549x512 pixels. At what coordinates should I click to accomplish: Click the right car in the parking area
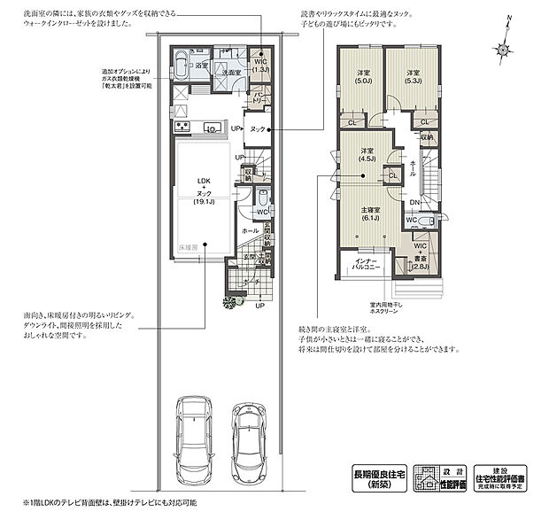pos(250,438)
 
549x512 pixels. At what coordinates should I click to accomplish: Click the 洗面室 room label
pos(232,71)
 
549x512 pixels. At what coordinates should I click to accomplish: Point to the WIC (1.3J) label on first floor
pos(260,64)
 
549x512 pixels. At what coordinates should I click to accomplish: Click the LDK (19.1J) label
pos(205,191)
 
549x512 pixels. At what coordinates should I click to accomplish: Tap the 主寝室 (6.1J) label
pos(370,213)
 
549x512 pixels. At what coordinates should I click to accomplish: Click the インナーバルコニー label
pos(367,262)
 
